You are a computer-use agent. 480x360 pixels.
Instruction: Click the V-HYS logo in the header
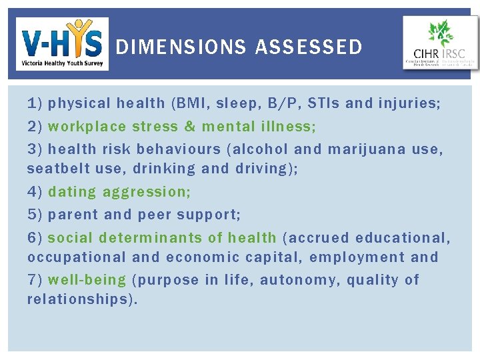click(62, 44)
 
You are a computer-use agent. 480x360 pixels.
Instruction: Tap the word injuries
click(409, 103)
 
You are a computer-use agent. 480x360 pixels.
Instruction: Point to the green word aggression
click(147, 192)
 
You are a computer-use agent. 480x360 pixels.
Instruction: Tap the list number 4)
click(35, 192)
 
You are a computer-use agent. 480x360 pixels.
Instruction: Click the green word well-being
click(87, 280)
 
